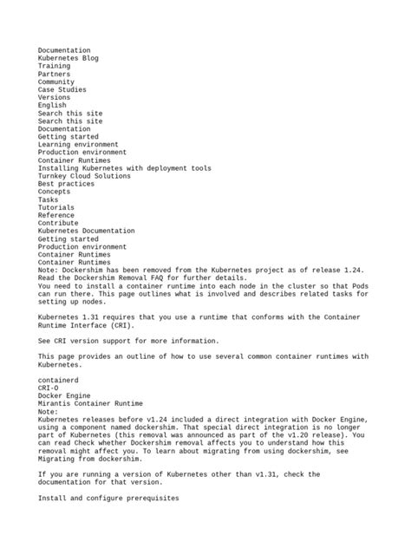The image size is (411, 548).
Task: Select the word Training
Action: click(55, 66)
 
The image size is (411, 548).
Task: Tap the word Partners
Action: click(55, 75)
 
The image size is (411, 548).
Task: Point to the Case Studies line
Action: click(62, 90)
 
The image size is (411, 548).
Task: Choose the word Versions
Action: click(55, 98)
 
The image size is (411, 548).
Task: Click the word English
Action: click(52, 106)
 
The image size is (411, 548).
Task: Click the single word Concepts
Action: click(55, 192)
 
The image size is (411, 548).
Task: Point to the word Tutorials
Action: click(56, 208)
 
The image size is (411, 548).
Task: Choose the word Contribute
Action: click(59, 224)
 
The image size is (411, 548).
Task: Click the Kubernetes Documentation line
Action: click(87, 232)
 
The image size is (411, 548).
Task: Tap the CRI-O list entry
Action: click(49, 388)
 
